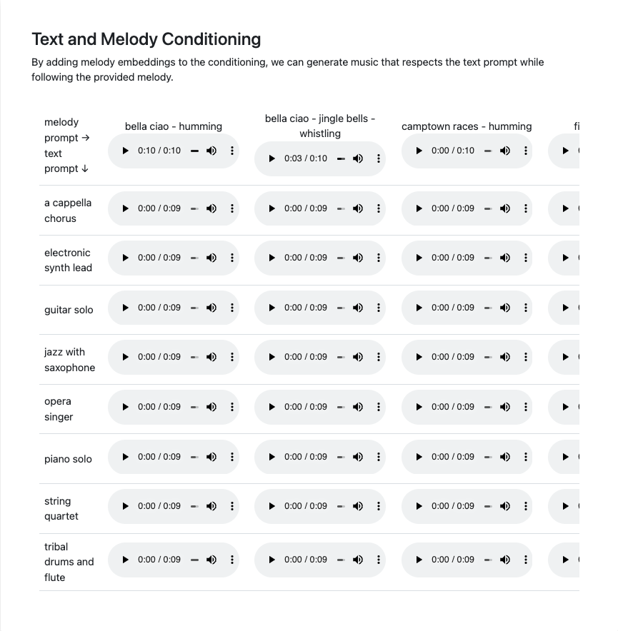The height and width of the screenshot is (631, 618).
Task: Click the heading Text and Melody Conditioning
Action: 146,39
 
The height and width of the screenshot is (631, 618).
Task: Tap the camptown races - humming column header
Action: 467,126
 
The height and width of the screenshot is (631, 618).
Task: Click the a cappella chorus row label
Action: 68,211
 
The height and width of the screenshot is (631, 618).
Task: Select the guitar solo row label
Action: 69,310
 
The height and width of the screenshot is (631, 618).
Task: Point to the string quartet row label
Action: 61,508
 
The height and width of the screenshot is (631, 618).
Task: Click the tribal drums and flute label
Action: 69,562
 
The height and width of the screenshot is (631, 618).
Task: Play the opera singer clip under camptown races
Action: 419,407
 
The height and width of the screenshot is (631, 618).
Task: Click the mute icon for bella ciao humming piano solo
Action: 211,457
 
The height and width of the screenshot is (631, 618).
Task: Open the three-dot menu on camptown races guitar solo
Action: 526,308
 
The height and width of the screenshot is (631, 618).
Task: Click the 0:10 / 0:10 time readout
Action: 159,151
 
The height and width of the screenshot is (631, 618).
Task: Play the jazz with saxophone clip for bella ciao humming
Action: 126,357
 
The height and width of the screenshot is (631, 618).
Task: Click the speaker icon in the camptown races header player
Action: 505,151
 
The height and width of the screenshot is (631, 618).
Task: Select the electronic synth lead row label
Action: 68,260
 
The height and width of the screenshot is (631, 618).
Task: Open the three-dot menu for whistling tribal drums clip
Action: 379,560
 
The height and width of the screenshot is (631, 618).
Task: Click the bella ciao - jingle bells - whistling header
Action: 320,126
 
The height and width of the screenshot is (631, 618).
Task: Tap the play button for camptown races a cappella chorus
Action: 419,208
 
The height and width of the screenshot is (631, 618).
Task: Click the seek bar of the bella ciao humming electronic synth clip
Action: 194,258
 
